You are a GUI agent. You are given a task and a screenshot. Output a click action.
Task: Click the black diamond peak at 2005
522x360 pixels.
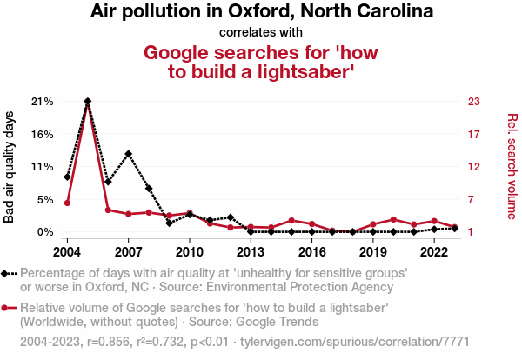click(88, 101)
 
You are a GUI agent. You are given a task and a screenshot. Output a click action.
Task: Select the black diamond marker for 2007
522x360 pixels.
click(129, 154)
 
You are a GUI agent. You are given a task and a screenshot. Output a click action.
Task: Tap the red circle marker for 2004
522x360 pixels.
click(67, 203)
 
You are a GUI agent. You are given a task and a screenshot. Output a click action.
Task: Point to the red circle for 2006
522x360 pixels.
click(108, 210)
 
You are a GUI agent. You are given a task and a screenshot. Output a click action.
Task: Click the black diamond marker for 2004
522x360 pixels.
click(67, 177)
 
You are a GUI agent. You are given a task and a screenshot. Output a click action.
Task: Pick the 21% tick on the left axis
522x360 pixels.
click(42, 101)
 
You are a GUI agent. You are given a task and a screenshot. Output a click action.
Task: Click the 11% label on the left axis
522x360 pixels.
click(42, 166)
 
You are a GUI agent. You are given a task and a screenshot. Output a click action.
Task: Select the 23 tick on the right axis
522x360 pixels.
click(474, 101)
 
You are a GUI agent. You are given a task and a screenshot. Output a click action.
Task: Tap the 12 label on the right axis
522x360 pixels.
click(474, 166)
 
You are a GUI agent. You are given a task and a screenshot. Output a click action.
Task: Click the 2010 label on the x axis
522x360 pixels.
click(190, 251)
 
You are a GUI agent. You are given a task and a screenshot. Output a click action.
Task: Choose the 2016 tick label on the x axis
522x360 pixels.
click(311, 251)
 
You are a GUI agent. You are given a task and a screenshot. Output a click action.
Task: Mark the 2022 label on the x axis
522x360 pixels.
click(434, 251)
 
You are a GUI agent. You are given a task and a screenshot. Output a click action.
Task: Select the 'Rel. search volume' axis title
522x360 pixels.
click(512, 166)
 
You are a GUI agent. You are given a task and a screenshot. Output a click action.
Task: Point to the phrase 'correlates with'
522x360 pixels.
click(261, 32)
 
